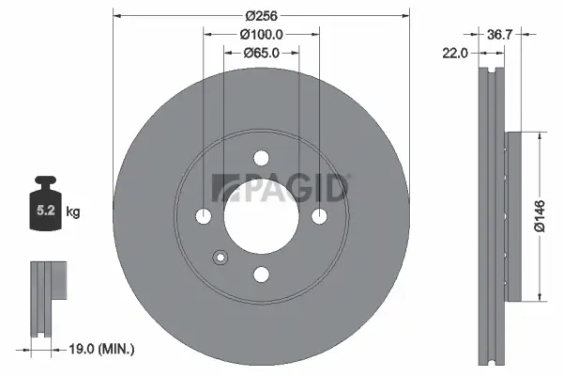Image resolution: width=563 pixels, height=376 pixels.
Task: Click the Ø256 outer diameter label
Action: pos(260,16)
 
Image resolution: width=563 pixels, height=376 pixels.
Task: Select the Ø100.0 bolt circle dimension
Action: pos(260,34)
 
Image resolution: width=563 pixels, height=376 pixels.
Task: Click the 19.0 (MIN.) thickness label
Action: pos(102,350)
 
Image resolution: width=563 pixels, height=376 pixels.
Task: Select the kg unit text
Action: pos(74,212)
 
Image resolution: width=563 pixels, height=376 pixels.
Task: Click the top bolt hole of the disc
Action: pos(260,160)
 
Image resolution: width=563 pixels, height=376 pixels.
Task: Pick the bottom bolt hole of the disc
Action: pos(260,273)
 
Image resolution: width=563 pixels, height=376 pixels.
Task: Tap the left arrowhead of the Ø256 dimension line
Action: pos(115,16)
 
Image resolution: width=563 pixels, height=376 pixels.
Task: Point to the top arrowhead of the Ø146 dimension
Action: pos(540,135)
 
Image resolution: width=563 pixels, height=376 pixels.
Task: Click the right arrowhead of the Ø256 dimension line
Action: pos(406,16)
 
